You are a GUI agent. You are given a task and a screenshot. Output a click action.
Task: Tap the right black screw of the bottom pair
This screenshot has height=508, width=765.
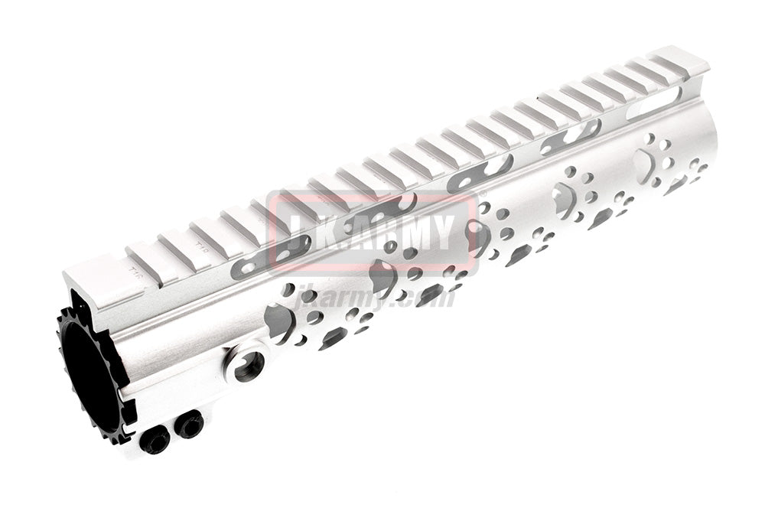pos(188,423)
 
